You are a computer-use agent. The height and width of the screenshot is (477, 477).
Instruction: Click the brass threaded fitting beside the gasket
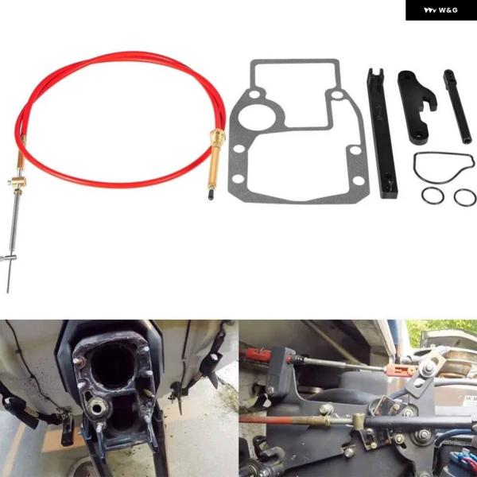pos(216,151)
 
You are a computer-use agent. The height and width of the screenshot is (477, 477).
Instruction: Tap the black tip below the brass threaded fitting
pos(211,193)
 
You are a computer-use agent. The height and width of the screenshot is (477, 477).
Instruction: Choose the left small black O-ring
pos(432,196)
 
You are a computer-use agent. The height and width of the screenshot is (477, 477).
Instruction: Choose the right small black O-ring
pos(464,196)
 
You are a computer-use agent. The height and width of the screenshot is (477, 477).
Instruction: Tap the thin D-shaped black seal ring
pos(440,168)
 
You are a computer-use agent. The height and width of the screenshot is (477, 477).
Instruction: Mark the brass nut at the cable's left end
pos(17,182)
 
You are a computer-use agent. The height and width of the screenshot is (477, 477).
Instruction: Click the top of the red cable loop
pos(119,56)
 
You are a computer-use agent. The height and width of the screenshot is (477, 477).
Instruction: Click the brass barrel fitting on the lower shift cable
pos(360,419)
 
